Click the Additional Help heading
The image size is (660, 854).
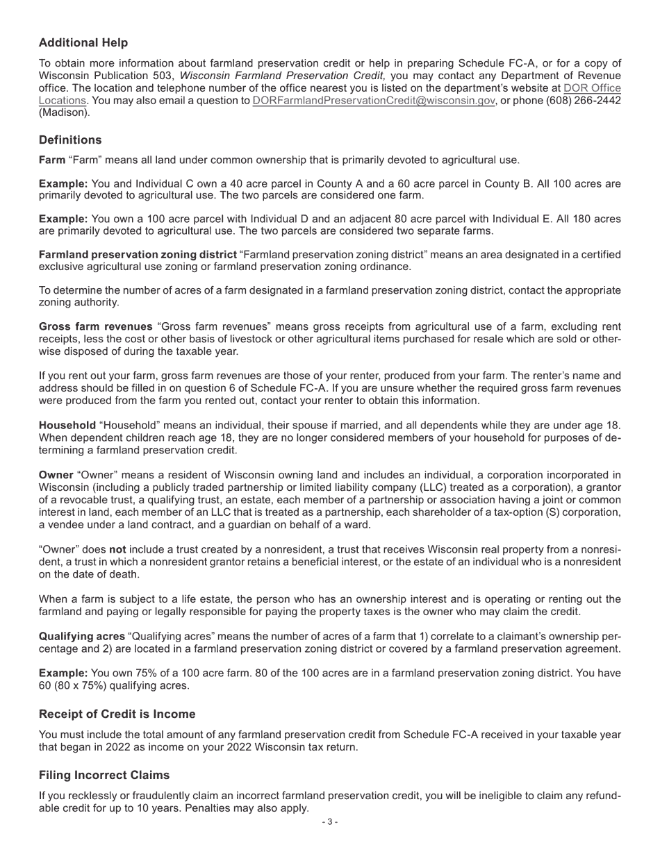[83, 43]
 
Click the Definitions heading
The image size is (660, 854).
[70, 140]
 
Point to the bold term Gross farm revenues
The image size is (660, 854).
[95, 327]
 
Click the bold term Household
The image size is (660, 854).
[67, 426]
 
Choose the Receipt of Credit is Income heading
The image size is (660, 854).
[117, 714]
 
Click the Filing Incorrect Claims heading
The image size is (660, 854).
[104, 775]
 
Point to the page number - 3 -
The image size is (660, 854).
[330, 822]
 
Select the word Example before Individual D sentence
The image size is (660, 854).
[63, 219]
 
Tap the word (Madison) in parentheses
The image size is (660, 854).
[64, 112]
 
